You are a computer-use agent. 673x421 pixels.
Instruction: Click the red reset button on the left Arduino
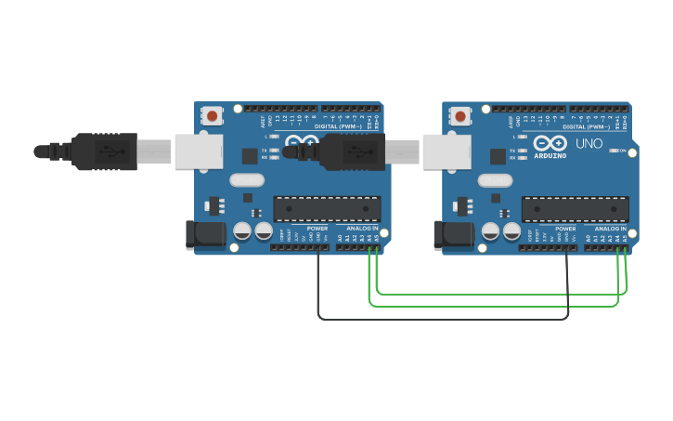(x=213, y=116)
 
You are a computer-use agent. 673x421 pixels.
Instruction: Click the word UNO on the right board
(x=589, y=144)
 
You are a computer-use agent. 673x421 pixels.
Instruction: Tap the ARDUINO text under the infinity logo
(x=550, y=156)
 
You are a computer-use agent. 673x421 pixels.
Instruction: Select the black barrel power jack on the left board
(x=204, y=235)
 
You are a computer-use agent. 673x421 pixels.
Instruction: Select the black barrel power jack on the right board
(x=453, y=235)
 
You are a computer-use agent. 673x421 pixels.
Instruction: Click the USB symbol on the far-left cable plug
(x=109, y=151)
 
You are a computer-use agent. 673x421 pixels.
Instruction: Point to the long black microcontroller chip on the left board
(x=327, y=209)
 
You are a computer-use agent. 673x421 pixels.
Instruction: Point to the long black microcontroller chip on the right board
(x=575, y=209)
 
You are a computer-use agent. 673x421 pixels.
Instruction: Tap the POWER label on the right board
(x=565, y=228)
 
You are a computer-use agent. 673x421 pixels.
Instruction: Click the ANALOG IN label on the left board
(x=363, y=228)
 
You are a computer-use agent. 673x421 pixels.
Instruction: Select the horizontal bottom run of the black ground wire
(x=444, y=319)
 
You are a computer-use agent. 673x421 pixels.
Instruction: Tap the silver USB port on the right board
(x=446, y=151)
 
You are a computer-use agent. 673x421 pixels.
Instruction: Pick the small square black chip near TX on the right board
(x=498, y=156)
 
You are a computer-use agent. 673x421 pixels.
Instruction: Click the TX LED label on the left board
(x=265, y=150)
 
